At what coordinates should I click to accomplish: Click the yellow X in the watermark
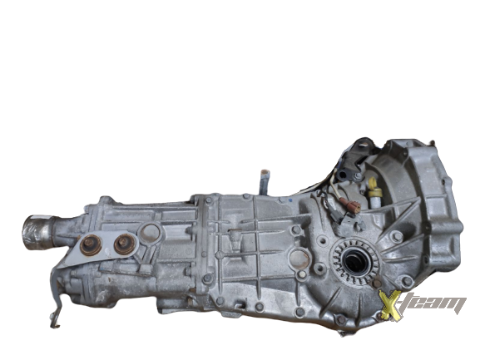coord(390,305)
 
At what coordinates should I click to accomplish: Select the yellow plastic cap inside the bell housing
coord(374,188)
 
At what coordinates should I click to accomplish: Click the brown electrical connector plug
coord(350,204)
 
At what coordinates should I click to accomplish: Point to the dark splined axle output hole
coord(355,263)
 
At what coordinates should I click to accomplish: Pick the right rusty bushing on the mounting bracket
coord(124,244)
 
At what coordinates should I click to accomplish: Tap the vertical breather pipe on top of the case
coord(265,183)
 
